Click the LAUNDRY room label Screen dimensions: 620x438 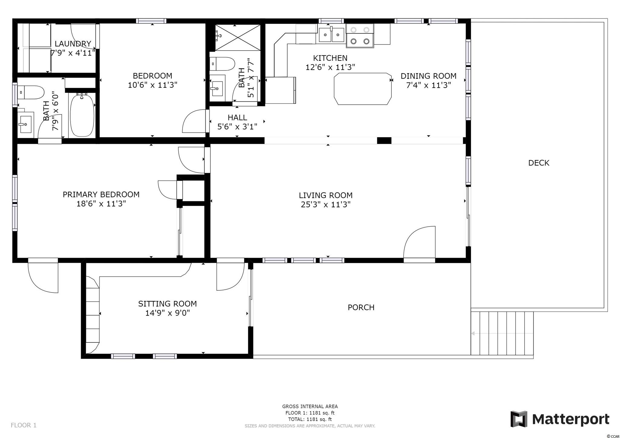[x=73, y=44]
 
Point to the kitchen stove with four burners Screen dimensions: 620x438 [x=360, y=36]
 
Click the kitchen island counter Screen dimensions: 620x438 [x=362, y=89]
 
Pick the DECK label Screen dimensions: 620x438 [x=539, y=163]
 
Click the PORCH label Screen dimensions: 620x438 [x=361, y=308]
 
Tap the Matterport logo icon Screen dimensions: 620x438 [x=519, y=419]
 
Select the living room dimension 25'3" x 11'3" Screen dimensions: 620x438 [x=326, y=205]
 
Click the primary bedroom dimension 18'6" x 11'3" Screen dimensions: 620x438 [x=101, y=204]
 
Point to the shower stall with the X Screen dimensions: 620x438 [x=238, y=38]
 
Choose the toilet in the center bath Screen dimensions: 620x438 [x=223, y=64]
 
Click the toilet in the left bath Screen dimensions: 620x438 [x=31, y=92]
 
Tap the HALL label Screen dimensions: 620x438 [x=237, y=117]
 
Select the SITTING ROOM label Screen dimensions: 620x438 [x=167, y=304]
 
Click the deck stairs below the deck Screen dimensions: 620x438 [x=502, y=333]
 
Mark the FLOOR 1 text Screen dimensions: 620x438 [x=24, y=425]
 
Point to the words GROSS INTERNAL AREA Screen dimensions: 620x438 [x=310, y=407]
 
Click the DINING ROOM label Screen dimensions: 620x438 [x=428, y=76]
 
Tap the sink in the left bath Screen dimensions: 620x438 [x=26, y=124]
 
